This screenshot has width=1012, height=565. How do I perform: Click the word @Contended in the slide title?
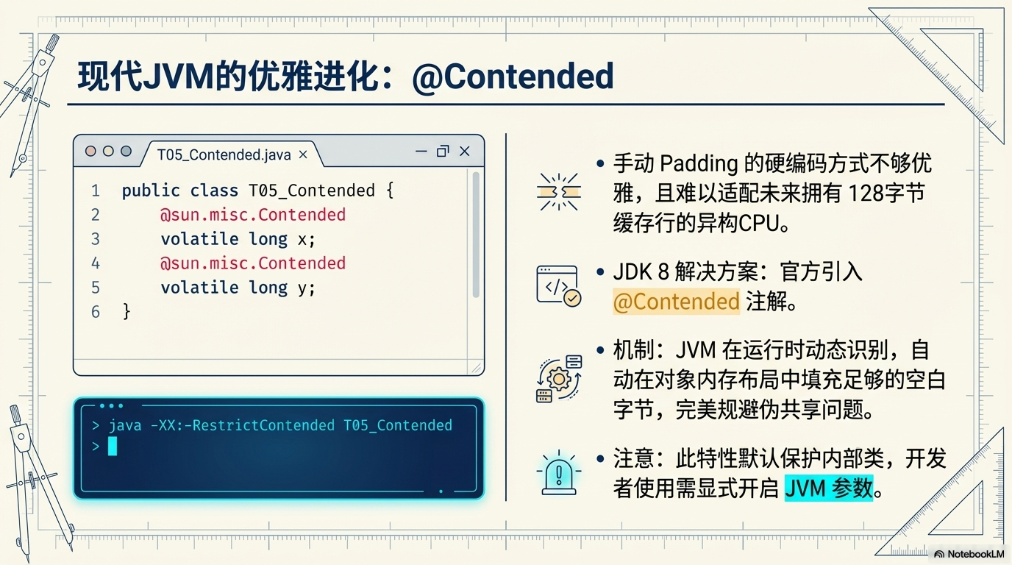tap(513, 76)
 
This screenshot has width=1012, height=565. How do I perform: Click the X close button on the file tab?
tap(303, 154)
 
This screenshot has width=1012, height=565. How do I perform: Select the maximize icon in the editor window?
tap(442, 152)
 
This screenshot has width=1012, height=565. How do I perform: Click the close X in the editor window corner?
tap(464, 152)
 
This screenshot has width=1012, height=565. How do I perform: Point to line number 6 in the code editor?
tap(96, 312)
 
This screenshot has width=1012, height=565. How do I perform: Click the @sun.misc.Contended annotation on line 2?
tap(253, 215)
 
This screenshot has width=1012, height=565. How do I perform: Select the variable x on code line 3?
tap(302, 239)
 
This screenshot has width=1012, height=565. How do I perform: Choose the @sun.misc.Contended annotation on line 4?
tap(253, 263)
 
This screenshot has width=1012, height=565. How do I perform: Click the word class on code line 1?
tap(214, 191)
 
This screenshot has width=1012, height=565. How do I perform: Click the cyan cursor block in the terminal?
tap(113, 446)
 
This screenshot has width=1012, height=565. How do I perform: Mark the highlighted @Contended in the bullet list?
tap(676, 302)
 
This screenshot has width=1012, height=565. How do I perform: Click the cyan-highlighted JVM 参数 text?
tap(828, 488)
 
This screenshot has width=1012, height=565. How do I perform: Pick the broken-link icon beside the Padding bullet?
tap(559, 193)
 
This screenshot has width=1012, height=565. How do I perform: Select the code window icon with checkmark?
tap(558, 286)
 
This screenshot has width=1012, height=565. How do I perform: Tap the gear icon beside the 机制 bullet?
tap(559, 379)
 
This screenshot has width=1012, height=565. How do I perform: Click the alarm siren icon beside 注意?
tap(558, 473)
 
